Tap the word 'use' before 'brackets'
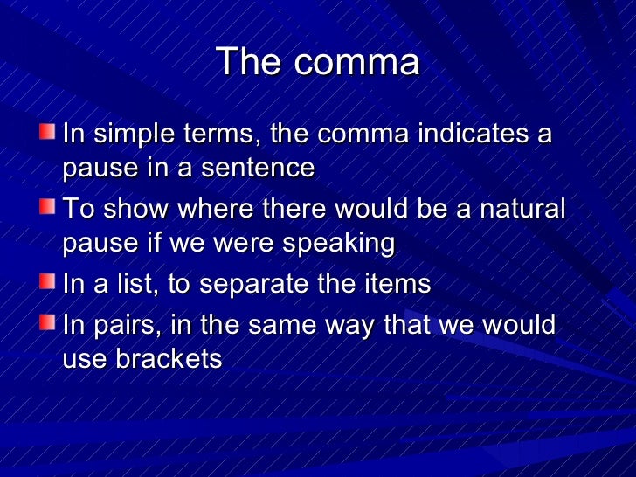[x=82, y=359]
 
